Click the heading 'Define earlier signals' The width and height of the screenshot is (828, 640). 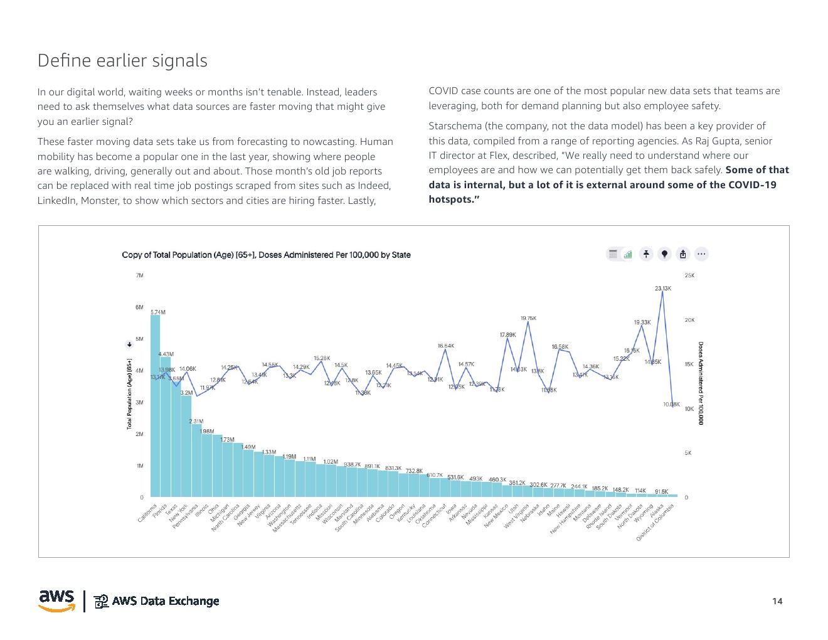pos(122,61)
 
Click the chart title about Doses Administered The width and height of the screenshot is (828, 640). pos(266,255)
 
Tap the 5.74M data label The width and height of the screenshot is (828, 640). pos(158,312)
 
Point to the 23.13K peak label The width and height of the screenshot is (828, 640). pos(663,289)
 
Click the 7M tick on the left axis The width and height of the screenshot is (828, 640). pos(139,275)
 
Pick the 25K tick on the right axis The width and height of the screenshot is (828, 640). pos(689,275)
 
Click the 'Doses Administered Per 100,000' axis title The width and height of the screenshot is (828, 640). pos(701,383)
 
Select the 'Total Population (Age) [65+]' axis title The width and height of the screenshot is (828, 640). pos(130,394)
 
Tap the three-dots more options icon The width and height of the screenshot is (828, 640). pos(701,254)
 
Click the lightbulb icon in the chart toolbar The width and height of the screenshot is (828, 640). pos(664,254)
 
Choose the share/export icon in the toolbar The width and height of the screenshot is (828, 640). pos(683,254)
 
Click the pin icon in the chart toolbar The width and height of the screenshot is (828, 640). pos(646,254)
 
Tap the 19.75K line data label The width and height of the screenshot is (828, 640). pos(528,319)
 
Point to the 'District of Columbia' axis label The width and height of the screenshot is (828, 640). pos(655,522)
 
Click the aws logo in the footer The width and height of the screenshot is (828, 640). pos(57,600)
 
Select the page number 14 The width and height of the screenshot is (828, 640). pos(777,601)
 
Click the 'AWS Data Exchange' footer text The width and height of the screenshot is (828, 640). pos(166,601)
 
